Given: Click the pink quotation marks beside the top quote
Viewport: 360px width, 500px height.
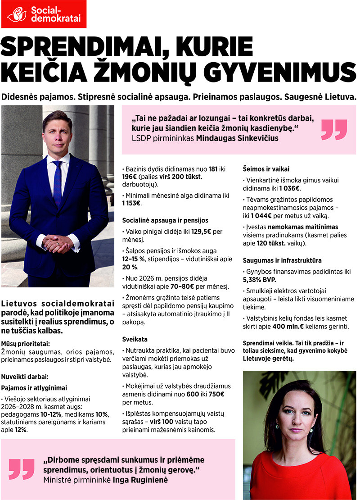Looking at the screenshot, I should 334,130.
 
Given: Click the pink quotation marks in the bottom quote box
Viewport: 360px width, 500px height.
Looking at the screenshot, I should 22,469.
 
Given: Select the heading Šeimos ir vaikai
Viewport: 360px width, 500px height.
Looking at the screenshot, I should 265,169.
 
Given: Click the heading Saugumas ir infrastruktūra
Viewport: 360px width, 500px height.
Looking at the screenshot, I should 282,260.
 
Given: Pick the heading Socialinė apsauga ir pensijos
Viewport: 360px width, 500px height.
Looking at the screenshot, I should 165,220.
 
